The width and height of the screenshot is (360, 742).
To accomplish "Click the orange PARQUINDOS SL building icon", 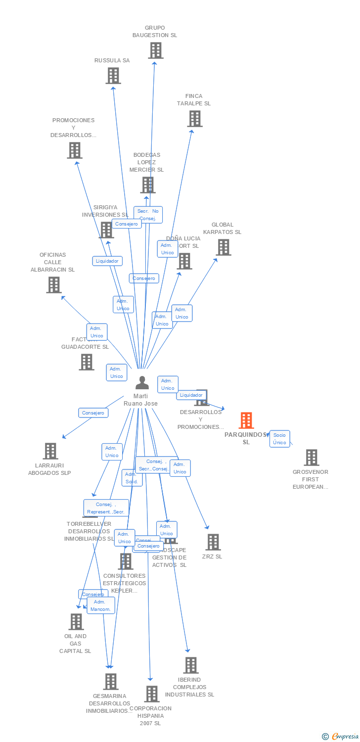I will [246, 420].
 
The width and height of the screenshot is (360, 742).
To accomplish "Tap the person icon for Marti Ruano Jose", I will [142, 383].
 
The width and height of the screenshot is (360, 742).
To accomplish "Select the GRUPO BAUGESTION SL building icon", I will [155, 50].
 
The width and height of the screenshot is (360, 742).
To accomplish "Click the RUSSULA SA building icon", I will [113, 76].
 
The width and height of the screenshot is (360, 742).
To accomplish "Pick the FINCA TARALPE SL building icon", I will [195, 119].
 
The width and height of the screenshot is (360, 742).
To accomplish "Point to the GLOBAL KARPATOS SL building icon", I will [224, 247].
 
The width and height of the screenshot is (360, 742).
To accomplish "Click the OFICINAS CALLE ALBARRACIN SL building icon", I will [54, 285].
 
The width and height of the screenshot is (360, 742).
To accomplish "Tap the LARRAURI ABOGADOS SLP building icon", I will [50, 451].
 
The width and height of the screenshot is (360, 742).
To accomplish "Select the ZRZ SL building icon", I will [213, 542].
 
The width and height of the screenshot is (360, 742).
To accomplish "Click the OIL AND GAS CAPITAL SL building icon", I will [76, 622].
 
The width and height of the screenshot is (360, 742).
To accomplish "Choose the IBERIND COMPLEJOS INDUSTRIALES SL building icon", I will [191, 665].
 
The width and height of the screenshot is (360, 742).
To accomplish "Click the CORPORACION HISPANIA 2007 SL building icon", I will [152, 694].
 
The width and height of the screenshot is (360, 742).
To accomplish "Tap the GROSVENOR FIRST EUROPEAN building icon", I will [312, 458].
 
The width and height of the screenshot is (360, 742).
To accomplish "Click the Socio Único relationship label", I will [280, 439].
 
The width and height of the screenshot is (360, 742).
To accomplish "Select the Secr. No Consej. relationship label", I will [148, 215].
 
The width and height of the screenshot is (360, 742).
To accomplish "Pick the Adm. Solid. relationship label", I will [132, 478].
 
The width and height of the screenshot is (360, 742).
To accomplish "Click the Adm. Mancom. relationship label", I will [101, 605].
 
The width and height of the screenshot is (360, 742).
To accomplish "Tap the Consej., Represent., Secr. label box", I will [106, 508].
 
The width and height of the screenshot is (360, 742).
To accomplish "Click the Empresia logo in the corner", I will [341, 737].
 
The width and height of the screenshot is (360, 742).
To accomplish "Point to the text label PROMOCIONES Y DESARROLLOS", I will [73, 128].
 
